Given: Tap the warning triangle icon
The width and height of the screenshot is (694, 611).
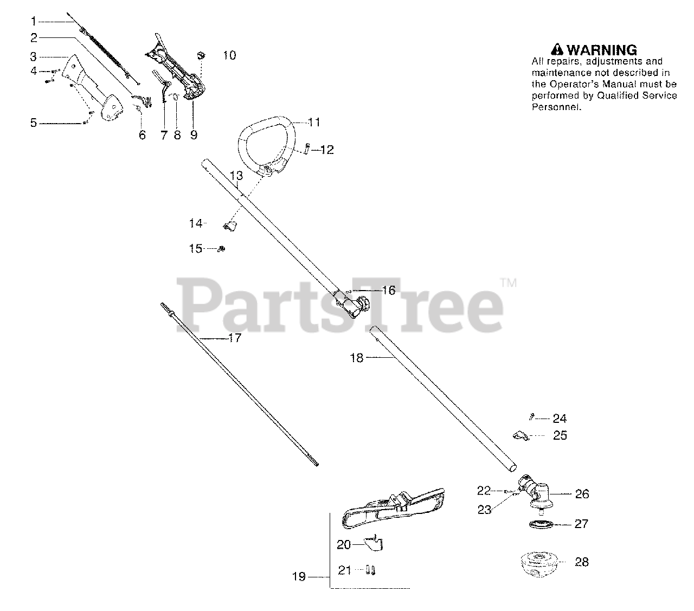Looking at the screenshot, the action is [557, 50].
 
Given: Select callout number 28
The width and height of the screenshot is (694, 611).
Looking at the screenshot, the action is [582, 562].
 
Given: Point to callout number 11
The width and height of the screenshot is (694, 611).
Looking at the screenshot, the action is [314, 122].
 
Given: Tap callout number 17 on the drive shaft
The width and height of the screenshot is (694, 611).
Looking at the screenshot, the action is [234, 338].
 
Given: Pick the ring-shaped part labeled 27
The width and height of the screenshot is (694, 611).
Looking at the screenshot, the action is [541, 524].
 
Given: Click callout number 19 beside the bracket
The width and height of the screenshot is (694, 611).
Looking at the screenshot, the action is [299, 577].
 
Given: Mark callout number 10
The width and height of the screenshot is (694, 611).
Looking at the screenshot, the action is [229, 55].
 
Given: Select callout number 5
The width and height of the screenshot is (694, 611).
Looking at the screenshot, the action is [34, 123].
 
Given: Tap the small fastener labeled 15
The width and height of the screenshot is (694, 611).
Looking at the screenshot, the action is [222, 248].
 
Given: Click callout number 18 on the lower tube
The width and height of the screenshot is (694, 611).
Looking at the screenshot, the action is [357, 358].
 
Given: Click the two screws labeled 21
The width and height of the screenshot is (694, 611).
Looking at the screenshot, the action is [371, 570].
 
